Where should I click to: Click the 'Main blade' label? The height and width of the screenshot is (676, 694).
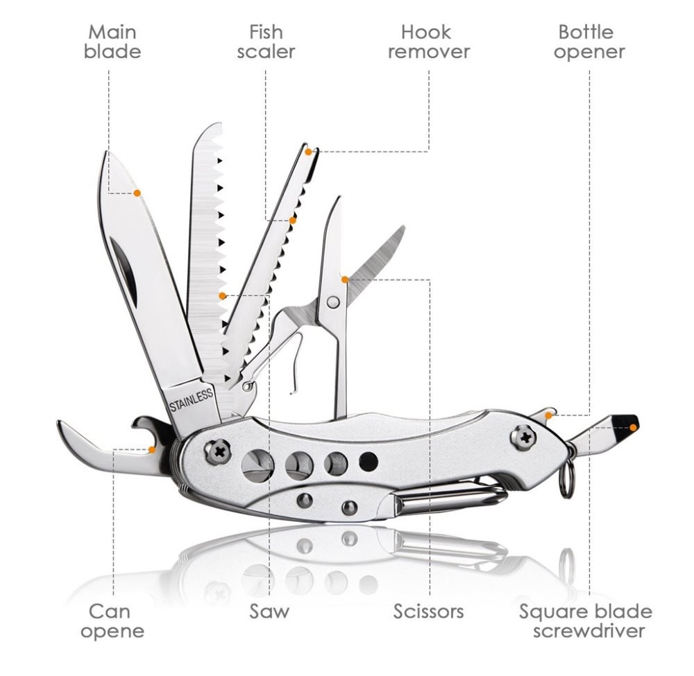click(x=112, y=42)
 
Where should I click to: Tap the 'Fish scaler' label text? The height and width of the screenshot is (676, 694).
click(x=266, y=42)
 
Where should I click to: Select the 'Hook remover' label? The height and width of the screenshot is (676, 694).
click(x=428, y=42)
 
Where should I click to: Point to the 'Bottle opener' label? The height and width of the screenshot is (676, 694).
click(x=589, y=42)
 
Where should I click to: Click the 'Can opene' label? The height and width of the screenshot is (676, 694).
click(x=112, y=621)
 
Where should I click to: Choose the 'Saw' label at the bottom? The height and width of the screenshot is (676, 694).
click(x=269, y=612)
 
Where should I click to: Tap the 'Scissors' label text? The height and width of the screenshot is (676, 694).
click(x=428, y=612)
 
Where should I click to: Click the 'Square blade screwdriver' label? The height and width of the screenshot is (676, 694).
click(x=586, y=621)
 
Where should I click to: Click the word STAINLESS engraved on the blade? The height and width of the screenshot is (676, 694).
click(x=192, y=400)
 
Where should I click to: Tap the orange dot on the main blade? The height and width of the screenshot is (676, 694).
click(x=137, y=193)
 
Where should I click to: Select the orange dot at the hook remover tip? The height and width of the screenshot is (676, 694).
click(x=309, y=152)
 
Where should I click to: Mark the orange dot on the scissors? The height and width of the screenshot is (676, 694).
click(x=345, y=279)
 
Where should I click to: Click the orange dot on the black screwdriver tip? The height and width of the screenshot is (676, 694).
click(x=634, y=427)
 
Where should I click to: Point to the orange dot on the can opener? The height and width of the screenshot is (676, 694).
click(x=152, y=450)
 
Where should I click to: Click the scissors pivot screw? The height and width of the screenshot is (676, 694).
click(x=333, y=302)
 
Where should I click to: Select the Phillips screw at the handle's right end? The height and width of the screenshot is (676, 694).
click(x=525, y=437)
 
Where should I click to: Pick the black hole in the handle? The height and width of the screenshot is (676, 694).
click(x=369, y=462)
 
